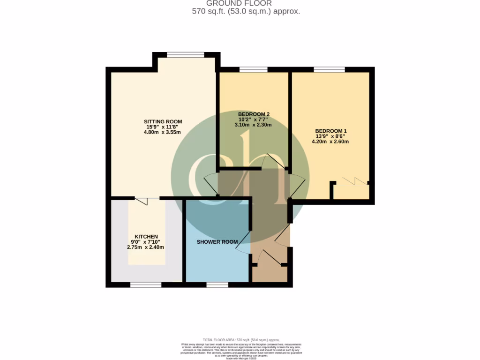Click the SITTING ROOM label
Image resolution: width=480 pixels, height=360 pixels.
point(163,121)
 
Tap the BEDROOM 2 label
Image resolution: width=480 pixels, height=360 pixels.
point(254,114)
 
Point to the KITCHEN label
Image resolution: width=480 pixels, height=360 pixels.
point(146,236)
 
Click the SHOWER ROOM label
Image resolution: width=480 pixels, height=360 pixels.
point(217,242)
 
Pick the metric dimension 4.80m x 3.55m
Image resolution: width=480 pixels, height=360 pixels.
point(162,132)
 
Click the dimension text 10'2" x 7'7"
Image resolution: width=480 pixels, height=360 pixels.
point(254,120)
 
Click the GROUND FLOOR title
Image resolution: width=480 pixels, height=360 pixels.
point(245,3)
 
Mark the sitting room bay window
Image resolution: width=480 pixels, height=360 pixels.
point(186,55)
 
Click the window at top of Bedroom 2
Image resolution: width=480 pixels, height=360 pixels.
point(253,70)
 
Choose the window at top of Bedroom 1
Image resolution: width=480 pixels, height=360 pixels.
point(329,70)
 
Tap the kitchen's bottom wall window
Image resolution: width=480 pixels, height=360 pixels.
point(146,285)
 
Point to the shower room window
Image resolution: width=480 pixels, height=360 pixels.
point(217,285)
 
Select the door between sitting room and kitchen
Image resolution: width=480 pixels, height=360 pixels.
point(142,200)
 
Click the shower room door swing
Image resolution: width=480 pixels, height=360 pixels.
point(243,244)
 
